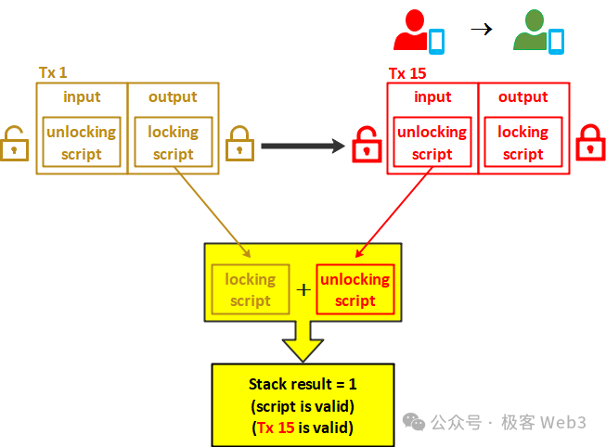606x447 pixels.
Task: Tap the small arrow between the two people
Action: [481, 29]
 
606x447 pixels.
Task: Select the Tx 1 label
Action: [53, 72]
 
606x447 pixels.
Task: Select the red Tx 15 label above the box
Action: [407, 73]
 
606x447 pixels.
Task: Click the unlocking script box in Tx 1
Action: [82, 143]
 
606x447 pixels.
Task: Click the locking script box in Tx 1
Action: [174, 143]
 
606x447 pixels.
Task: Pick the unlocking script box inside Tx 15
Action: [432, 143]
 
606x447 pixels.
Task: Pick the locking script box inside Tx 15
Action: [522, 143]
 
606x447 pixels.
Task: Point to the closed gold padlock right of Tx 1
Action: [239, 142]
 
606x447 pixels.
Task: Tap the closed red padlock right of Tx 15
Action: [590, 142]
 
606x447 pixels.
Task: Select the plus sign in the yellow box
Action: [303, 290]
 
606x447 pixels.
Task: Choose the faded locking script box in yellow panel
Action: [251, 289]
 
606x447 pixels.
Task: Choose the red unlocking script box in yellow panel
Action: [355, 289]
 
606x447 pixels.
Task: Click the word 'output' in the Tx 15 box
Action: [522, 96]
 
